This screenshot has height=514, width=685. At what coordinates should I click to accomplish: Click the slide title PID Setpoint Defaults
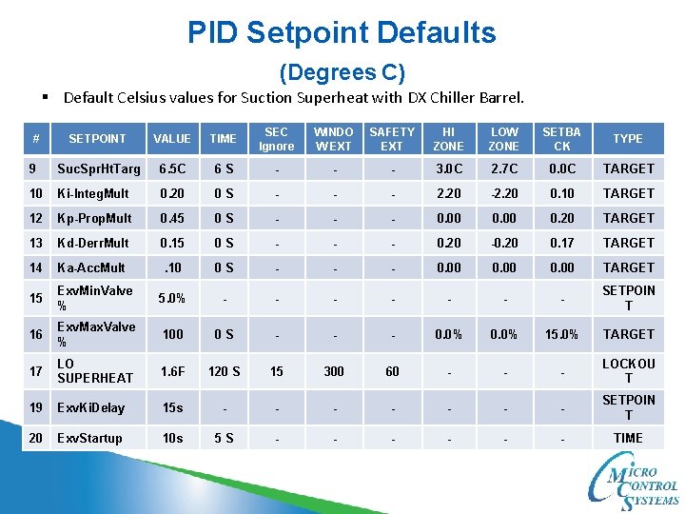342,33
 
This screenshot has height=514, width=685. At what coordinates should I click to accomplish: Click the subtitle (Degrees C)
342,72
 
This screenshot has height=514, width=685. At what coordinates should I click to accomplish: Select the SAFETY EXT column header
392,139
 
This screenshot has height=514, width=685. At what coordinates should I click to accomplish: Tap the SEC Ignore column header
276,139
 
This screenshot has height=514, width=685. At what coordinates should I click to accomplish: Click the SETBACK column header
561,139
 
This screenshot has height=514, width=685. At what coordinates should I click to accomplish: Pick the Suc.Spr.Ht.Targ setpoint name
98,168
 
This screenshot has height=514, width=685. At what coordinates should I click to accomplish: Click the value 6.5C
172,168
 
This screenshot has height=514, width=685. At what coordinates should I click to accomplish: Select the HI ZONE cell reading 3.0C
448,168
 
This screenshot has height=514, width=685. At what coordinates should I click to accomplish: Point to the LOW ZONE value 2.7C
504,168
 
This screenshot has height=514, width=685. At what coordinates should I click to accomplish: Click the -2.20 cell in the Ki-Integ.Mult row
504,193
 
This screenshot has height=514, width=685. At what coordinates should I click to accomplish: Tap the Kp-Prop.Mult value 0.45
172,218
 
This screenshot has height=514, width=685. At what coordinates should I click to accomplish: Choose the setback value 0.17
561,243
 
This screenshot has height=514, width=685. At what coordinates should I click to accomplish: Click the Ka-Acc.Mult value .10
172,267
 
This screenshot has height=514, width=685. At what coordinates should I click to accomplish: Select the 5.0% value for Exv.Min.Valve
172,298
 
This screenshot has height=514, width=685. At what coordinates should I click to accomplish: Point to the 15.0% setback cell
561,334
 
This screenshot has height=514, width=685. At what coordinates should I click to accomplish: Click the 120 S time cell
224,371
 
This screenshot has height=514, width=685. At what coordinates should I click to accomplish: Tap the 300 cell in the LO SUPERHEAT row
334,371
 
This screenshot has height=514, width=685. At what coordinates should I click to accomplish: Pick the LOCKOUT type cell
628,371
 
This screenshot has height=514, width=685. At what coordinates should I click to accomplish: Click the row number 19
35,407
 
